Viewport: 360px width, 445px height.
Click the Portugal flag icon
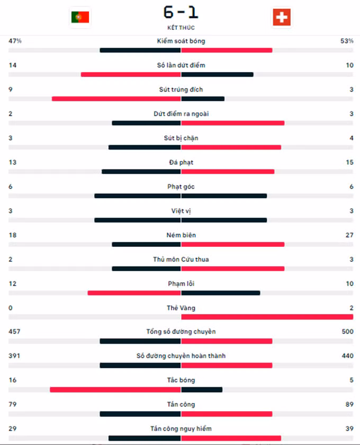[80, 17]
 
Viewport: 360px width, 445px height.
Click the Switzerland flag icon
[281, 17]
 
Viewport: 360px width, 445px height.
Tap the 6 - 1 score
[181, 12]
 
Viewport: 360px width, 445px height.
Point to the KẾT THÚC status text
[181, 28]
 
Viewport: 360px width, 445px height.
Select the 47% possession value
[15, 41]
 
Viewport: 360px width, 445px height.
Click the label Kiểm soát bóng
[181, 41]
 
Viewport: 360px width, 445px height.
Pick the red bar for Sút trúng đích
[116, 99]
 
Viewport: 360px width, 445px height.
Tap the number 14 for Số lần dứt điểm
[12, 65]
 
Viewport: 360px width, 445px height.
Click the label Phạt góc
[181, 186]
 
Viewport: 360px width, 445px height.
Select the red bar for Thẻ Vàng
[267, 317]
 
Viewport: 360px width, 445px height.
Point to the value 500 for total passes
[347, 332]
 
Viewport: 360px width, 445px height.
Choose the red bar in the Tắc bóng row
[115, 390]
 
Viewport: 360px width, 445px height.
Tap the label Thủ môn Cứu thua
[181, 260]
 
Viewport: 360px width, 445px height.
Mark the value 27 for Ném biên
[349, 235]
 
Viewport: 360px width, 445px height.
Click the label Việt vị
[181, 211]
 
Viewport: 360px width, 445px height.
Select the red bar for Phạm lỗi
[134, 293]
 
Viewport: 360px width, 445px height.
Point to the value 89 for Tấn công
[349, 405]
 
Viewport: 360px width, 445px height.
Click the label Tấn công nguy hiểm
[181, 429]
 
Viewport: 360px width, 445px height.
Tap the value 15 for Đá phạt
[349, 162]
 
